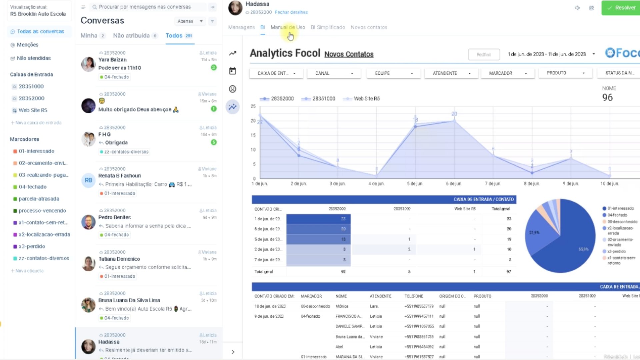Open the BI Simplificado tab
(328, 27)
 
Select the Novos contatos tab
(369, 27)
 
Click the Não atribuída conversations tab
(131, 36)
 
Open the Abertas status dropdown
(190, 21)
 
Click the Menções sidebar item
(27, 45)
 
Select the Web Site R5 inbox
(33, 110)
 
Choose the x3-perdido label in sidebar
(32, 246)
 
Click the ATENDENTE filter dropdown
(451, 73)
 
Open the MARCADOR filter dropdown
(508, 73)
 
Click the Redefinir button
(484, 55)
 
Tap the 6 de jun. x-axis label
(454, 184)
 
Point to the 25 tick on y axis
(253, 106)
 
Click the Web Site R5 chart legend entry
(366, 99)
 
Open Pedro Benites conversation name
(114, 217)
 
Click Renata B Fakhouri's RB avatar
(88, 180)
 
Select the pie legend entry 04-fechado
(617, 215)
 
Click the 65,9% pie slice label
(583, 249)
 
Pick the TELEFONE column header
(414, 296)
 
